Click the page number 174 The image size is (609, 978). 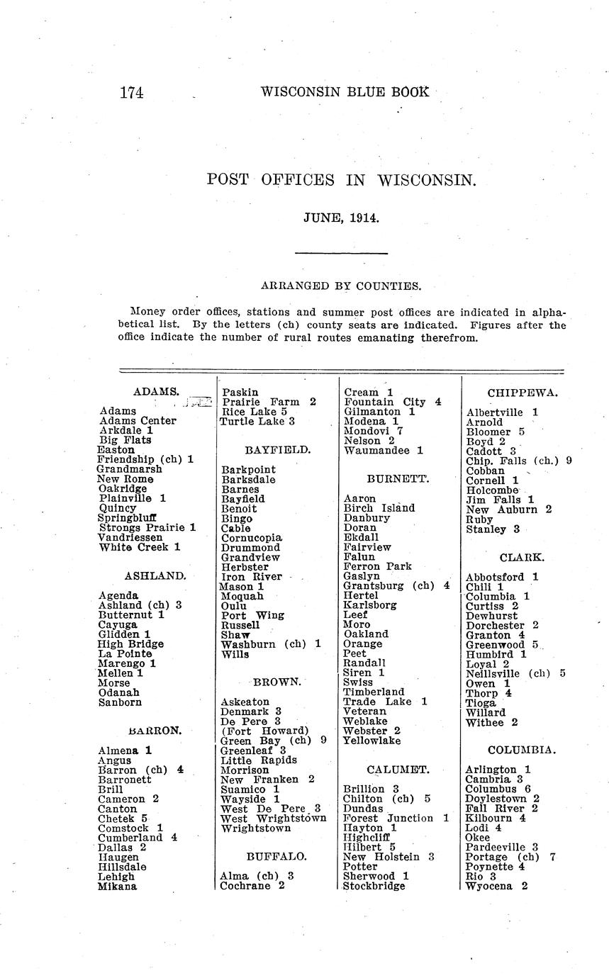pos(132,92)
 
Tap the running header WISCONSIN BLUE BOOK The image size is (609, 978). pos(345,91)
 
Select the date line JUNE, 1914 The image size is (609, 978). pos(342,218)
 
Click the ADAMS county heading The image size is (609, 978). pos(156,391)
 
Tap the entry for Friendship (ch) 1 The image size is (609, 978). pos(145,459)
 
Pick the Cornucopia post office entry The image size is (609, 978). pos(252,538)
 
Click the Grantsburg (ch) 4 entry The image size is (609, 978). pos(396,586)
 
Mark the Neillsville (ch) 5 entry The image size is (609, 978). pos(515,674)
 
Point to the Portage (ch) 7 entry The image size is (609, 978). pos(510,857)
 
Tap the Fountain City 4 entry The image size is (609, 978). pos(393,402)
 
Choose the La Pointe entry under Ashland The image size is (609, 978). pos(125,654)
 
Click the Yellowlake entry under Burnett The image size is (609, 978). pos(371,741)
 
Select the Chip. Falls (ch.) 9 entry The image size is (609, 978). pos(519,461)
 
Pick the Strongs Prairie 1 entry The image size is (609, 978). pos(147,528)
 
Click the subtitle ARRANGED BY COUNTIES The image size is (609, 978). pos(341,286)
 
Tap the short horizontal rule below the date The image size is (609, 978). pos(341,253)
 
